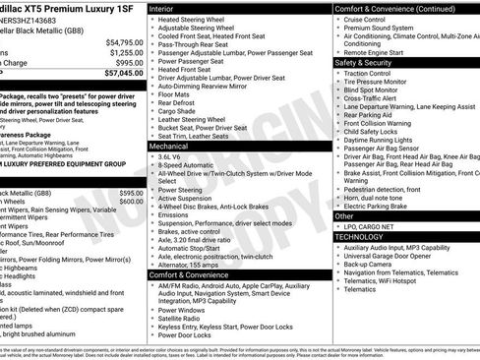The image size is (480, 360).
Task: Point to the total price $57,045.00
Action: pos(117,73)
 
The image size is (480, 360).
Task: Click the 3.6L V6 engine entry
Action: pos(171,156)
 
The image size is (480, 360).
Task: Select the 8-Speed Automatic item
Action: pos(188,165)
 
